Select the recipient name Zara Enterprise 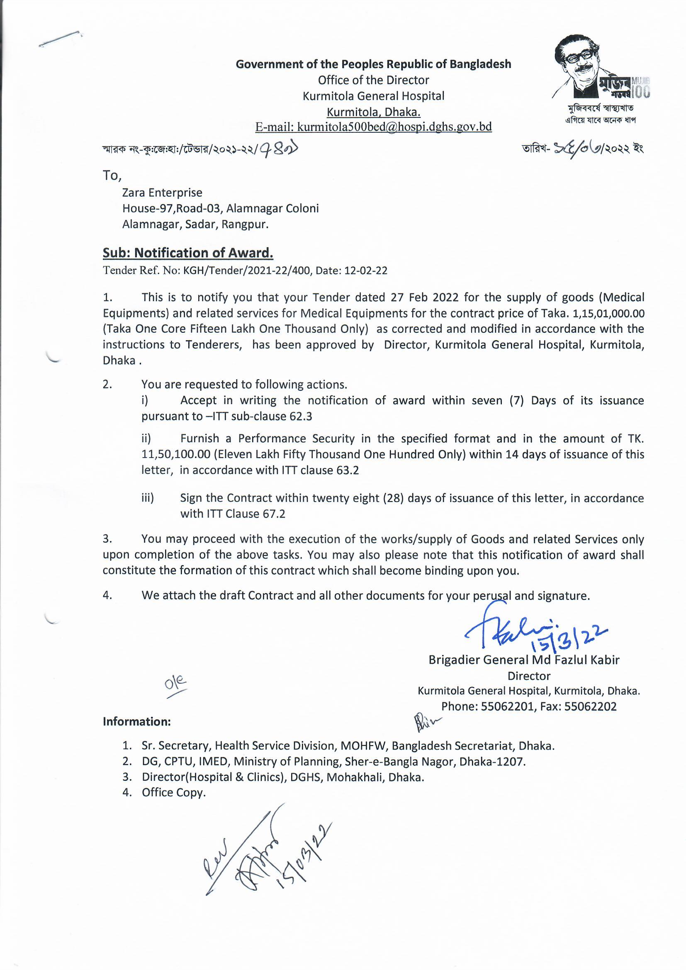[162, 193]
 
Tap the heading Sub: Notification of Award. [188, 253]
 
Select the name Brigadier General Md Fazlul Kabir [524, 660]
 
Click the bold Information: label [136, 721]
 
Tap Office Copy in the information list [174, 792]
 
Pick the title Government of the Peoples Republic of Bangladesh [373, 64]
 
